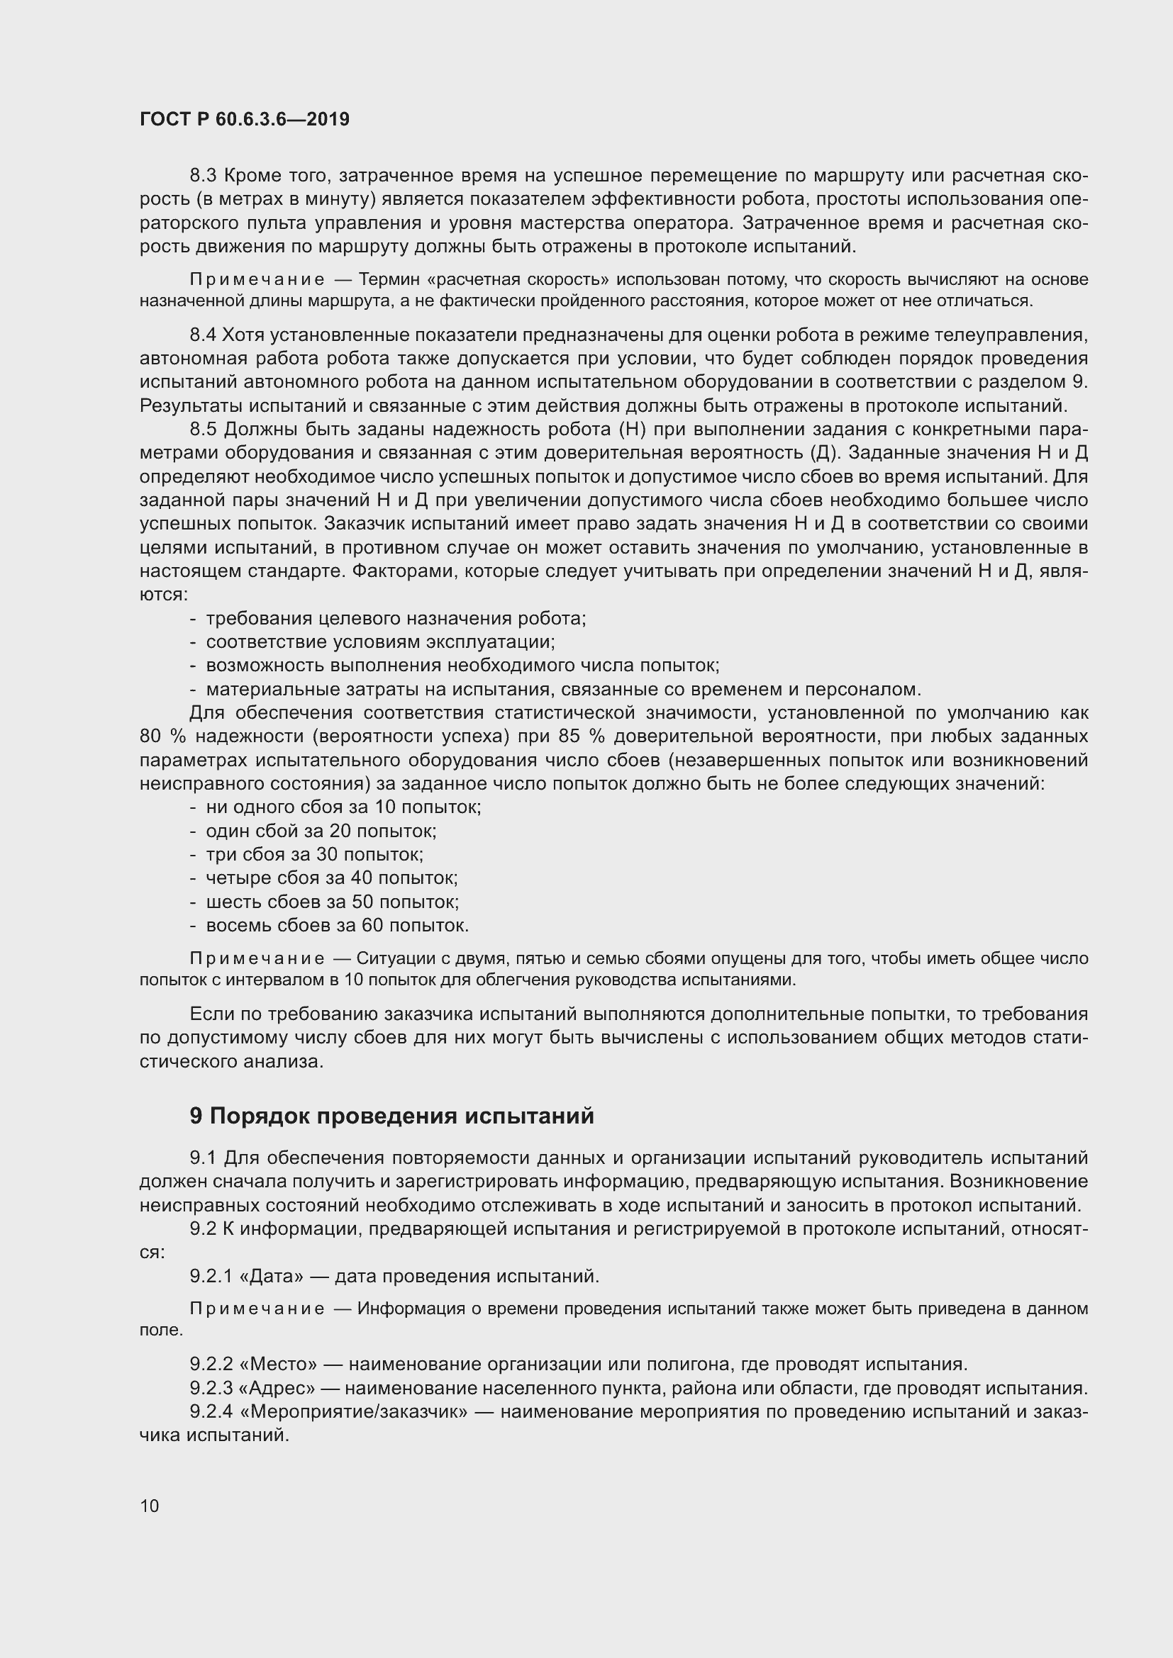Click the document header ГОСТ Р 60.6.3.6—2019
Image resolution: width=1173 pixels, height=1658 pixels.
(x=244, y=119)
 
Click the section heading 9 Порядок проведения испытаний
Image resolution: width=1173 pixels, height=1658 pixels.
(x=391, y=1116)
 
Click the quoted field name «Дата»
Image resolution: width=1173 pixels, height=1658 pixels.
(x=271, y=1276)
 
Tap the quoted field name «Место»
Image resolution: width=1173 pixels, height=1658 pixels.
(x=277, y=1364)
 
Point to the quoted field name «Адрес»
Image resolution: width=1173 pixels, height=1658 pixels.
(x=276, y=1388)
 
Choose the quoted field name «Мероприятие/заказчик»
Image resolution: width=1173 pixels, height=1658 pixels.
(x=352, y=1411)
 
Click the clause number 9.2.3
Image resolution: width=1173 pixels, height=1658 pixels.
(x=211, y=1388)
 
